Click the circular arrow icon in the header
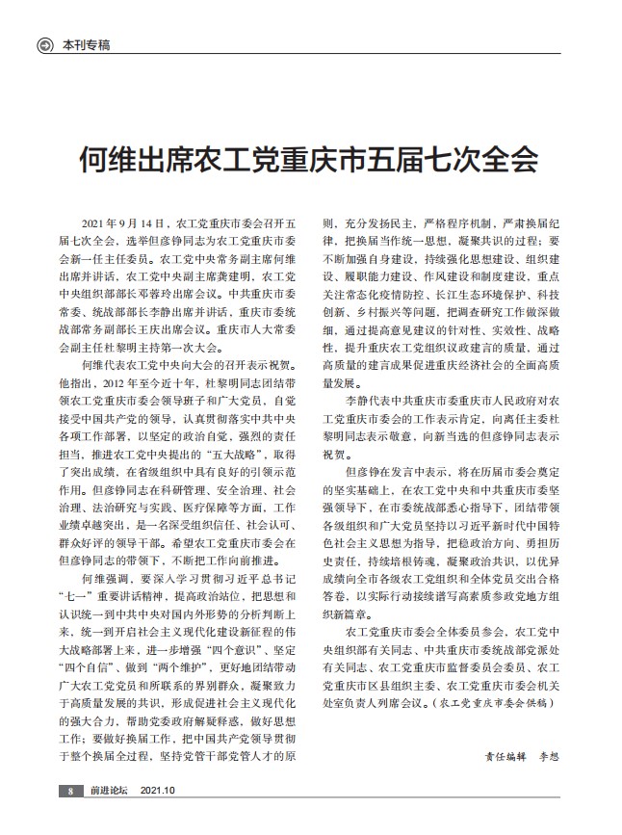pos(43,44)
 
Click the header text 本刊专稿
pos(87,44)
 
